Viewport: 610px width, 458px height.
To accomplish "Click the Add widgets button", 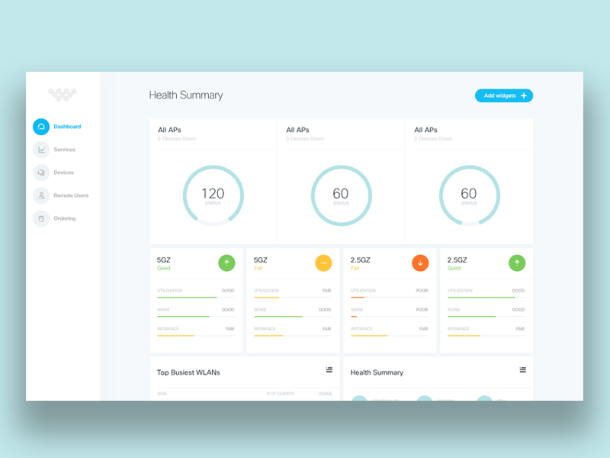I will click(503, 95).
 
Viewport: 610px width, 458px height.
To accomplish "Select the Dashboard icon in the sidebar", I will click(41, 127).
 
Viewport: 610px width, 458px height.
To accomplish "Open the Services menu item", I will click(64, 150).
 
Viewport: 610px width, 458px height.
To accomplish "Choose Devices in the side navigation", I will click(63, 173).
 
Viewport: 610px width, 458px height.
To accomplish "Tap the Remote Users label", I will click(71, 195).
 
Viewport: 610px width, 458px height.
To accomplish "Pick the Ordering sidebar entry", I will click(64, 218).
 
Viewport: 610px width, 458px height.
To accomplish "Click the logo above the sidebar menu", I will click(63, 94).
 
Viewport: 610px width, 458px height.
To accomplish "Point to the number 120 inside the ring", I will click(213, 194).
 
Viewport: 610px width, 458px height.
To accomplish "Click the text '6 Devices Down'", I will click(177, 139).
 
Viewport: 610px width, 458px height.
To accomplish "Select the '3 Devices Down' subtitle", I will click(433, 139).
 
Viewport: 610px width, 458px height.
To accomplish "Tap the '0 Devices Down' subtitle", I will click(305, 139).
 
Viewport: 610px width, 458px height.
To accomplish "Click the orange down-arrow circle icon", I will click(420, 263).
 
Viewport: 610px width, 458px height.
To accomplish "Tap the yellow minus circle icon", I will click(323, 263).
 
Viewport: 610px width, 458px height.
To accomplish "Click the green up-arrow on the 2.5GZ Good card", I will click(517, 263).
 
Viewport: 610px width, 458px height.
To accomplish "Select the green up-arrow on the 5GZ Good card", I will click(226, 263).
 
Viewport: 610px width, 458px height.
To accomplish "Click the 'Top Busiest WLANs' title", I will click(188, 373).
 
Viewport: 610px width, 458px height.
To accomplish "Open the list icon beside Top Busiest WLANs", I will click(329, 369).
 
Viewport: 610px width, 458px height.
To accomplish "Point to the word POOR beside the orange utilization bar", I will click(422, 291).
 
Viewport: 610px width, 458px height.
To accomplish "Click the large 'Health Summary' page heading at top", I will click(186, 95).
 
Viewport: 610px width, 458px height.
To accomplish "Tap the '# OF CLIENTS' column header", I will click(279, 393).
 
